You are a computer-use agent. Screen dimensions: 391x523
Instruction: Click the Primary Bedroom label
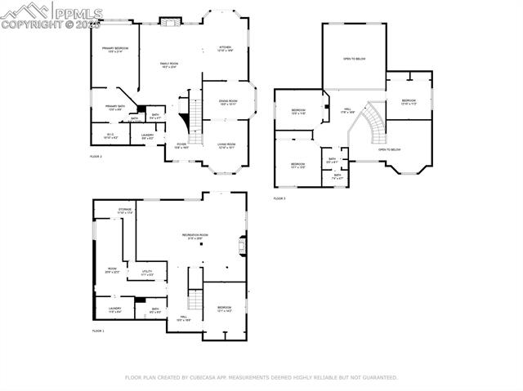pyautogui.click(x=115, y=50)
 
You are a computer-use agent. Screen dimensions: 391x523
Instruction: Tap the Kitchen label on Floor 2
pyautogui.click(x=226, y=48)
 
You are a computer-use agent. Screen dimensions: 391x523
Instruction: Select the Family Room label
pyautogui.click(x=169, y=64)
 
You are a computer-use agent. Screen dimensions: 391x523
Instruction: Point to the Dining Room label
pyautogui.click(x=226, y=102)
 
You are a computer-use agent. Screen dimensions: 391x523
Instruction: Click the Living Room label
pyautogui.click(x=226, y=145)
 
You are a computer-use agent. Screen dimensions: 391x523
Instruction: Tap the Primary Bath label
pyautogui.click(x=115, y=107)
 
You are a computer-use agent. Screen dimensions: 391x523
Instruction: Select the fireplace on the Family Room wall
pyautogui.click(x=169, y=21)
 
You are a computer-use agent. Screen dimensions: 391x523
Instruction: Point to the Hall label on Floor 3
pyautogui.click(x=346, y=110)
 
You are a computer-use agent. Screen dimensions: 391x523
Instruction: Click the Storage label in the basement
pyautogui.click(x=124, y=211)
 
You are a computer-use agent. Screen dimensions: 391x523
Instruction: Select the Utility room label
pyautogui.click(x=147, y=273)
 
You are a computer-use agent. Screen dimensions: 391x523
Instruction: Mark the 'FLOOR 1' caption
pyautogui.click(x=98, y=331)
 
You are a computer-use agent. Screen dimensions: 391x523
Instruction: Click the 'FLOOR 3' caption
pyautogui.click(x=279, y=198)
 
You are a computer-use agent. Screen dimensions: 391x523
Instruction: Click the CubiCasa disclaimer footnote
pyautogui.click(x=261, y=378)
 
